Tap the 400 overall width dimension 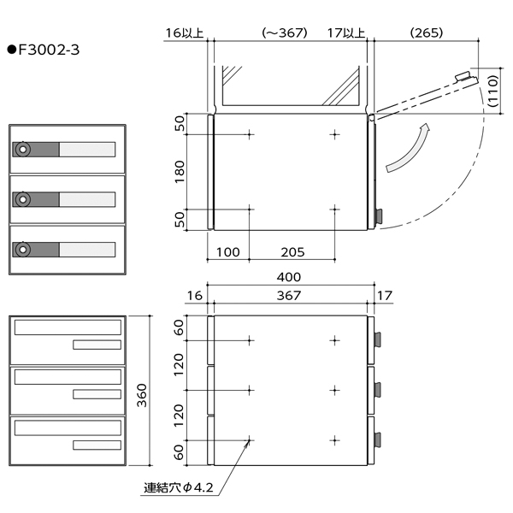click(289, 277)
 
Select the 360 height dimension click(142, 395)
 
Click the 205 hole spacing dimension click(292, 252)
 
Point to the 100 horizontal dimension click(228, 252)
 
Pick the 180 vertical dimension click(180, 172)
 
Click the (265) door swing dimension click(427, 32)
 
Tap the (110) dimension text click(492, 91)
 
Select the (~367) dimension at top click(285, 32)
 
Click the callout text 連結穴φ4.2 click(179, 488)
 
